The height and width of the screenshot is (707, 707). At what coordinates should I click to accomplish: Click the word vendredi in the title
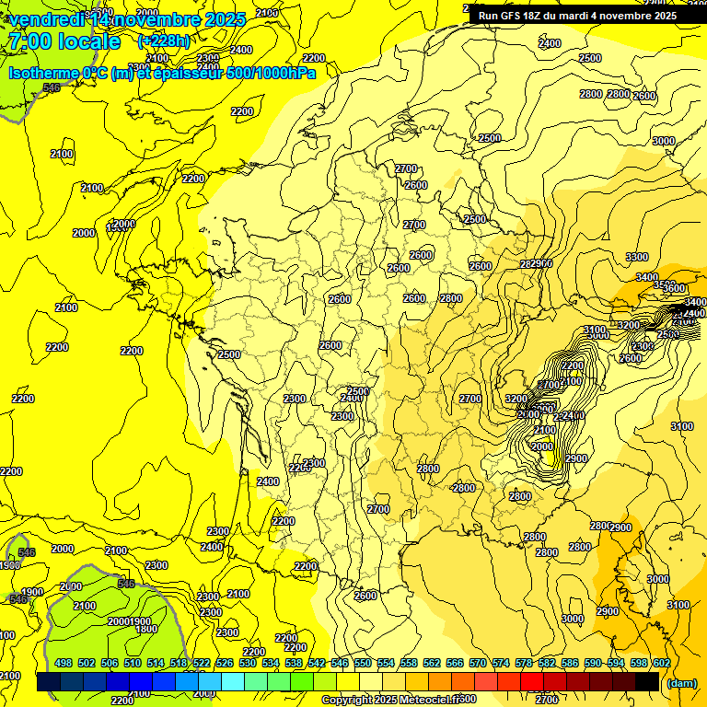pyautogui.click(x=46, y=19)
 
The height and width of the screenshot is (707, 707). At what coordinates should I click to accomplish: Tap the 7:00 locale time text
pyautogui.click(x=63, y=41)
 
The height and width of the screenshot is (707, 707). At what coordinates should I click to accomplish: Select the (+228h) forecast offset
pyautogui.click(x=164, y=41)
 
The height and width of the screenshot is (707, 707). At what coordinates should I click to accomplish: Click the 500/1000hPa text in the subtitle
pyautogui.click(x=271, y=73)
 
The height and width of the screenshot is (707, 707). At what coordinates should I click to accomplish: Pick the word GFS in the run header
pyautogui.click(x=518, y=16)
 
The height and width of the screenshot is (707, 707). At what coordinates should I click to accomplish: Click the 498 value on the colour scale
pyautogui.click(x=64, y=663)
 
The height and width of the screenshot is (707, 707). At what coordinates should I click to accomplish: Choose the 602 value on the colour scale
pyautogui.click(x=661, y=663)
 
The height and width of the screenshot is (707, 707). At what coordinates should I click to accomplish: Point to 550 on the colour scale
pyautogui.click(x=363, y=663)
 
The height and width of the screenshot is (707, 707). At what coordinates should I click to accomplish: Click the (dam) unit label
pyautogui.click(x=681, y=682)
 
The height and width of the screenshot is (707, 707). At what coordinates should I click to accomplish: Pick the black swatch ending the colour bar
pyautogui.click(x=647, y=681)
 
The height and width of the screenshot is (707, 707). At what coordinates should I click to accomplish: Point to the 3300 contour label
pyautogui.click(x=636, y=256)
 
